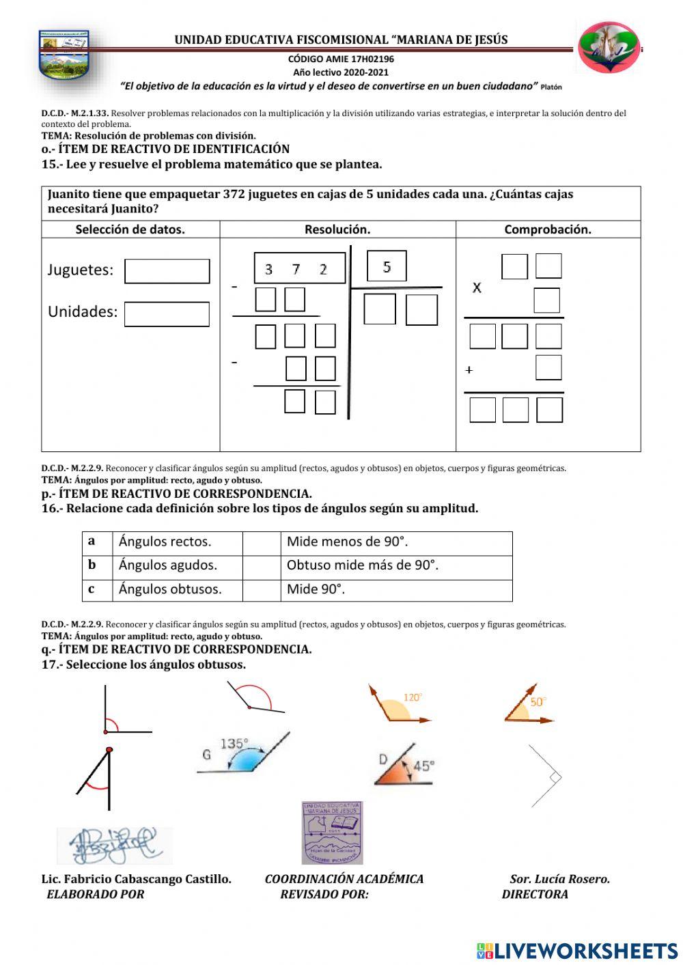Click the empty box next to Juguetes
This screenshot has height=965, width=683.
click(167, 271)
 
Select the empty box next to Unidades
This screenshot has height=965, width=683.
click(167, 314)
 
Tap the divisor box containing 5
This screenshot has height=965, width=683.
click(387, 266)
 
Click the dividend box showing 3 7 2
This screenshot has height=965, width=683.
click(299, 268)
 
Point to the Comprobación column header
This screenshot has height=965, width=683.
click(548, 229)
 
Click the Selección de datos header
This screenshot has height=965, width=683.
click(130, 229)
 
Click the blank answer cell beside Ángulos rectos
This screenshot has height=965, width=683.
click(261, 542)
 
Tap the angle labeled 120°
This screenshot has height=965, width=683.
click(399, 705)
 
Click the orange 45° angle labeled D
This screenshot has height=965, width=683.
click(404, 766)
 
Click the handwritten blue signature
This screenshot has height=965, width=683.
click(113, 845)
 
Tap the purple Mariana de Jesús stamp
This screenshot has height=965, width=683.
click(333, 833)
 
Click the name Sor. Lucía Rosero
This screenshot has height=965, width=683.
click(559, 879)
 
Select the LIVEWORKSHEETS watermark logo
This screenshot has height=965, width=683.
click(577, 951)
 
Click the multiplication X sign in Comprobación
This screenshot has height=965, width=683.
click(477, 288)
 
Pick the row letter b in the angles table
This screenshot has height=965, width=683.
click(92, 565)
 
